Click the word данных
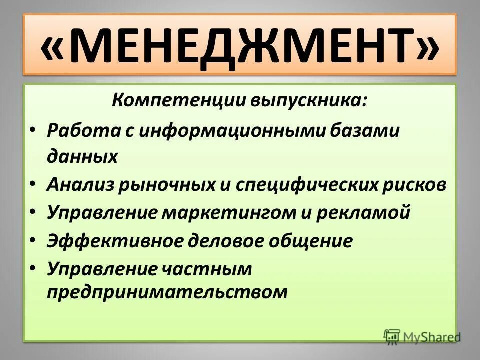click(x=82, y=157)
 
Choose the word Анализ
click(x=80, y=185)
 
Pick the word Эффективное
click(x=116, y=241)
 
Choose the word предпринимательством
click(x=167, y=292)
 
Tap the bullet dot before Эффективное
click(x=32, y=241)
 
